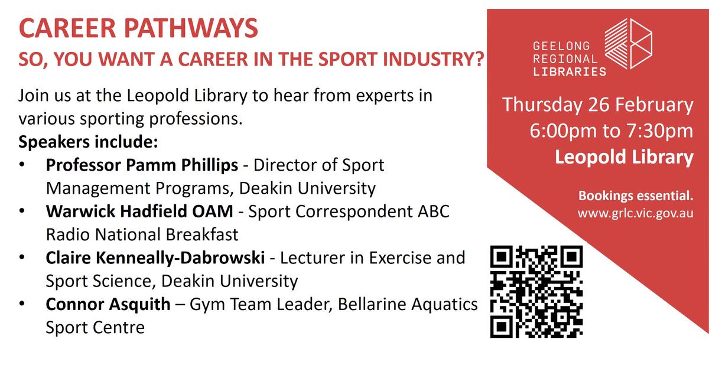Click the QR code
pyautogui.click(x=536, y=292)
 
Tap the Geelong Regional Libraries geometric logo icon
pyautogui.click(x=628, y=43)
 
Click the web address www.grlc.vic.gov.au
pyautogui.click(x=635, y=213)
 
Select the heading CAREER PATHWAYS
pyautogui.click(x=138, y=28)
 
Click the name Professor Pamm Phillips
pyautogui.click(x=142, y=165)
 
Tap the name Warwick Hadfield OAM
pyautogui.click(x=139, y=211)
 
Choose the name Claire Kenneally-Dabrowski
pyautogui.click(x=155, y=257)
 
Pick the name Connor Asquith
pyautogui.click(x=108, y=305)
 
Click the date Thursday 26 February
pyautogui.click(x=597, y=105)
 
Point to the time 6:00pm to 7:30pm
pyautogui.click(x=612, y=131)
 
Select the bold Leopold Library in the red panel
pyautogui.click(x=624, y=157)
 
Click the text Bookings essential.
pyautogui.click(x=636, y=195)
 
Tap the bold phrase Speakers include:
pyautogui.click(x=88, y=142)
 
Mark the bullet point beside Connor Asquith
pyautogui.click(x=22, y=304)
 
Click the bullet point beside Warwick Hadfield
pyautogui.click(x=22, y=211)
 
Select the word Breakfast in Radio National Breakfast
pyautogui.click(x=202, y=235)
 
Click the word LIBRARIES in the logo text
pyautogui.click(x=570, y=71)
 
